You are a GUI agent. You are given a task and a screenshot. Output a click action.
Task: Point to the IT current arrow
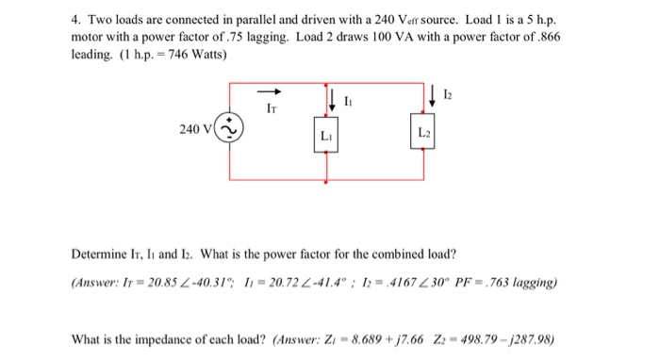tap(271, 92)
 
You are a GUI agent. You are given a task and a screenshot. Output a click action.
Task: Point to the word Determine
tap(100, 254)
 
